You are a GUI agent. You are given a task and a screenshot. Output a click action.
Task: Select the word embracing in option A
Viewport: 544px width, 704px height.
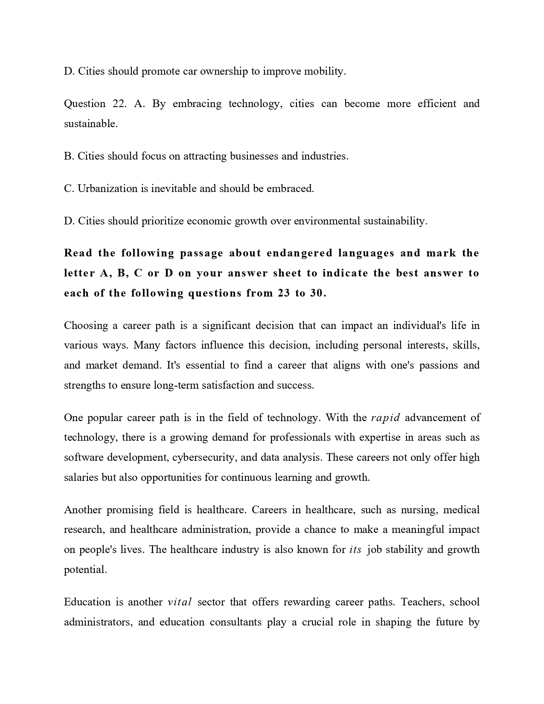197,104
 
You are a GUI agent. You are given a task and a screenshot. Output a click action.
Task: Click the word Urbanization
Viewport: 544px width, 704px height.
108,189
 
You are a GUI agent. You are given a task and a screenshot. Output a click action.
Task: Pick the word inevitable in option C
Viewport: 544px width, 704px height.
173,189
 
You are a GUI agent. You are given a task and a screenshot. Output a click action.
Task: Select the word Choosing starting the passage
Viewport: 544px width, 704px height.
86,326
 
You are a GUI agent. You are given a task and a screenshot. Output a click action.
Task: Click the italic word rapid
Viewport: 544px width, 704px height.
385,418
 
